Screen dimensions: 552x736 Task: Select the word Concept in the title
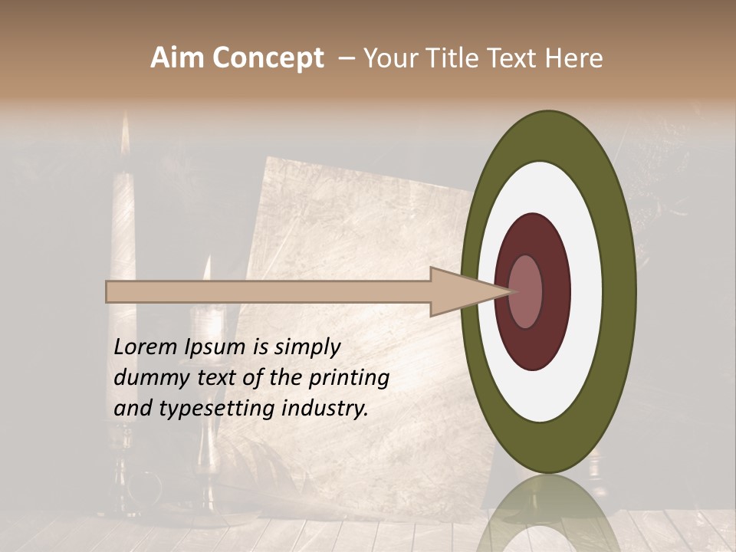pos(268,58)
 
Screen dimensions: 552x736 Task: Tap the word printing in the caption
pos(348,378)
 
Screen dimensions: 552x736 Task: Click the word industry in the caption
pos(325,409)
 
